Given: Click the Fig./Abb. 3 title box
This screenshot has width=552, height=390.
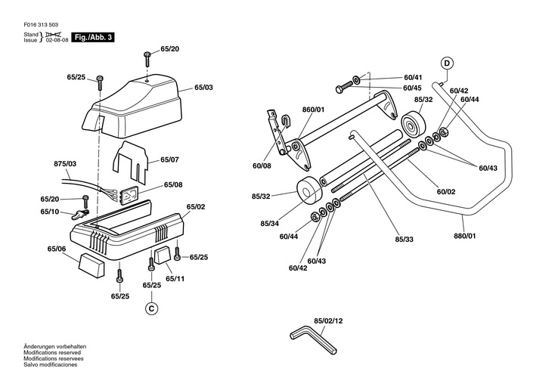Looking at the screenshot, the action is tap(93, 37).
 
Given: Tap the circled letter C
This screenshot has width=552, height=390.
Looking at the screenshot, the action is tap(151, 308).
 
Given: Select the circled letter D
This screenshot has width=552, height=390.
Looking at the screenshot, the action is tap(447, 63).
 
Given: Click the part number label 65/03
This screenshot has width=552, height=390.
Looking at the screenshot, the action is tap(204, 87).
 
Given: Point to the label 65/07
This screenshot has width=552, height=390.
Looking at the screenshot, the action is tap(169, 159).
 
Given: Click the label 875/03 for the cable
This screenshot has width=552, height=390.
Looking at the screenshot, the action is tap(65, 164).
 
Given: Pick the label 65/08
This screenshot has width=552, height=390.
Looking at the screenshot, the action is tap(173, 184).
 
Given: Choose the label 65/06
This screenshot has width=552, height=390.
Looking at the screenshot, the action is tap(57, 249).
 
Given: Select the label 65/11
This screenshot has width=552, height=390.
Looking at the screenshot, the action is tap(175, 279).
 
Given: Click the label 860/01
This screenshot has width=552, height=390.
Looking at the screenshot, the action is tap(313, 110).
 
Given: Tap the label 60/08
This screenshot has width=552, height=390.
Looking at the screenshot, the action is tap(262, 166).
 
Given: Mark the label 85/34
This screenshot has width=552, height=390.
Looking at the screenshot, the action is tap(270, 224).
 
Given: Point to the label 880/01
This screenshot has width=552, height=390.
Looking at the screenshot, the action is tap(465, 236).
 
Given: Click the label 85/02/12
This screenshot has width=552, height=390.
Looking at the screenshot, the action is tap(328, 321).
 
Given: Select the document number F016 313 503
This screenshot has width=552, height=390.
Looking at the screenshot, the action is tap(41, 25).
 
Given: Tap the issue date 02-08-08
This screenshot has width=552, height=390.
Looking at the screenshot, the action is tap(57, 40).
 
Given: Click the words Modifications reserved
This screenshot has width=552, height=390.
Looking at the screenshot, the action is tap(52, 353).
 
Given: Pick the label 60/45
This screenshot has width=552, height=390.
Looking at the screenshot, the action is tap(413, 88).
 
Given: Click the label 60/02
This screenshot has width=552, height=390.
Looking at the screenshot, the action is tap(446, 192).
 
